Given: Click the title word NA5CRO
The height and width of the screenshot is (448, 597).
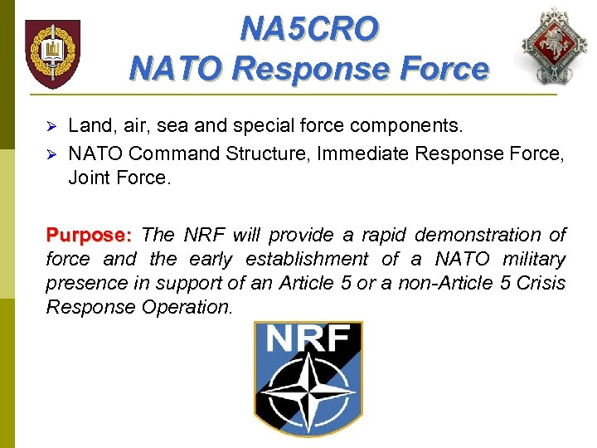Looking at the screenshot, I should pos(309,29).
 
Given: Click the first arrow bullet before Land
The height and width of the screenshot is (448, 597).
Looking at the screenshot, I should pos(50,126).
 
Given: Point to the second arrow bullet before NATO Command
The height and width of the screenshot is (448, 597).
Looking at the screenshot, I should pos(50,153).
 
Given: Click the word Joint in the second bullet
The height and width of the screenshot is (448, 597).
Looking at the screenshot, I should pos(88,178).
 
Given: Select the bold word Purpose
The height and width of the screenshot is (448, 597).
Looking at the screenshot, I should pos(90,235).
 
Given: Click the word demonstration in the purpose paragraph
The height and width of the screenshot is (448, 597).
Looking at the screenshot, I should pos(477,235).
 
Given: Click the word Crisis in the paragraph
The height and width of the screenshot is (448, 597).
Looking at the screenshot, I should pos(542,283).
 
